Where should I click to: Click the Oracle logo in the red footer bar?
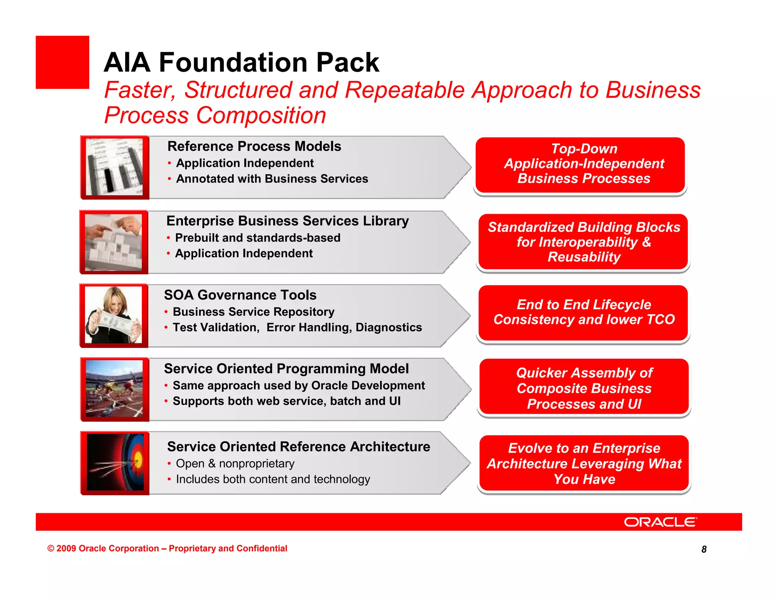pos(660,522)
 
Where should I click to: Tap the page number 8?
pos(704,549)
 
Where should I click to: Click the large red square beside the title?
pos(62,62)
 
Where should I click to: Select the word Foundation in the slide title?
pos(233,62)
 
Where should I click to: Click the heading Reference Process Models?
pos(254,146)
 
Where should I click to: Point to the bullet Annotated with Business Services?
pos(272,179)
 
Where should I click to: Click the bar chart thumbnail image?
pos(115,167)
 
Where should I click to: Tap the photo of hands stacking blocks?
pos(113,242)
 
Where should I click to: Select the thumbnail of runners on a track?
pos(115,389)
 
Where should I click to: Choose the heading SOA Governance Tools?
pos(240,295)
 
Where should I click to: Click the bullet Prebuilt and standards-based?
pos(257,238)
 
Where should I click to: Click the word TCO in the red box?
pos(660,319)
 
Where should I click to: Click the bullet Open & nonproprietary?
pos(235,463)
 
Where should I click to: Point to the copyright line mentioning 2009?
pos(167,549)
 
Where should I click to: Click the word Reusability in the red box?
pos(584,257)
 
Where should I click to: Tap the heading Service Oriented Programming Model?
pos(286,369)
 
